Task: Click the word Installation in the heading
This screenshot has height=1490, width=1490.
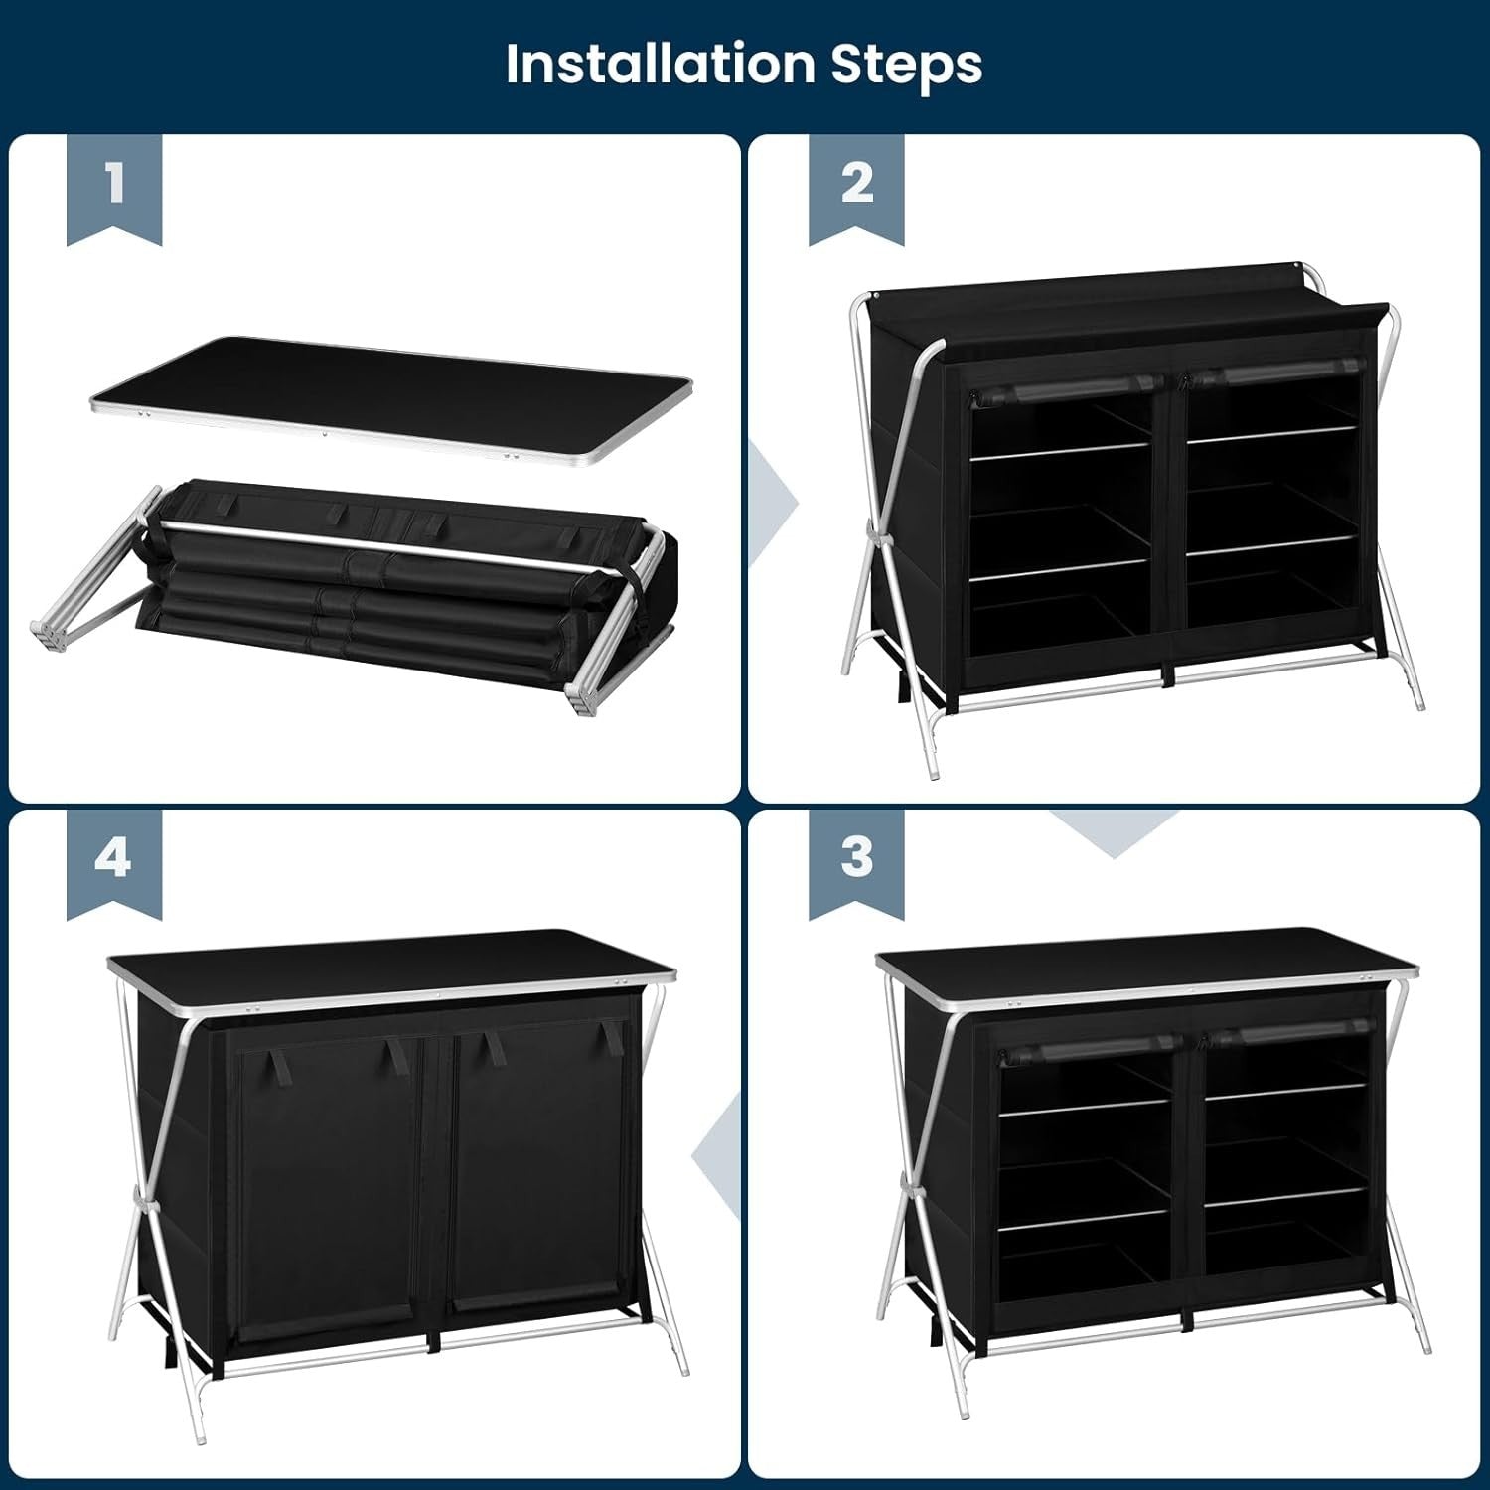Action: [660, 64]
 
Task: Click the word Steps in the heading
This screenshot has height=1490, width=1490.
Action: [906, 66]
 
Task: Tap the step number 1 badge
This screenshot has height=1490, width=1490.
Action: [114, 189]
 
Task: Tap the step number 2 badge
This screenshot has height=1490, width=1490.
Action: [856, 189]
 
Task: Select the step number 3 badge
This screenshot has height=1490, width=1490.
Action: [856, 862]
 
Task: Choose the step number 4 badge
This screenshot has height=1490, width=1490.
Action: [114, 862]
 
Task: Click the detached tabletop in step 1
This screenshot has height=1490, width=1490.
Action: [391, 399]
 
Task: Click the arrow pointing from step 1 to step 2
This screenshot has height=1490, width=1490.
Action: [775, 503]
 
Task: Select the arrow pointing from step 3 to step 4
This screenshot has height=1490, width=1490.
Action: [717, 1155]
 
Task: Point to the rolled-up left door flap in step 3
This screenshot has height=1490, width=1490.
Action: [1091, 1049]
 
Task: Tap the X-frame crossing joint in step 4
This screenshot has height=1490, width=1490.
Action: [146, 1205]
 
